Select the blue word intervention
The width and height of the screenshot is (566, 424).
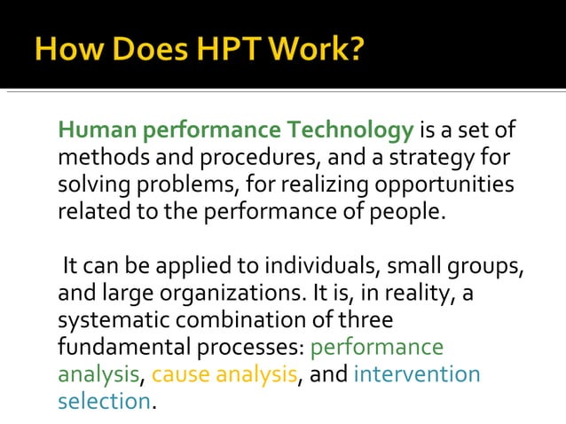click(x=417, y=374)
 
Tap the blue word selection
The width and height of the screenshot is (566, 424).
click(x=104, y=401)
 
